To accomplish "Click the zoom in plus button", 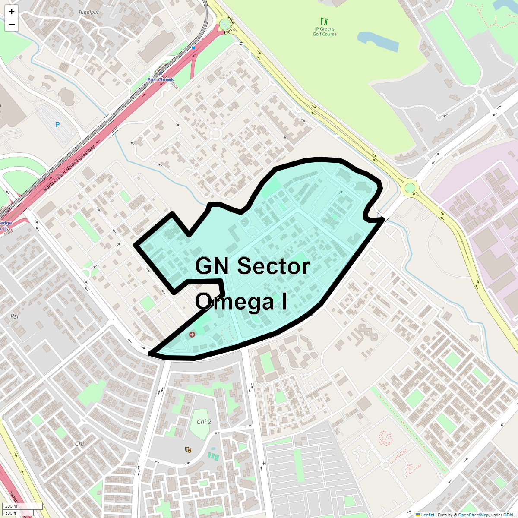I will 12,12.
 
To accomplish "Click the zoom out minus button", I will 12,25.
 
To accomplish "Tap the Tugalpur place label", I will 88,12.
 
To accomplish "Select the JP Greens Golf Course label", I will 325,32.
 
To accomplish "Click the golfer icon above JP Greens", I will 324,21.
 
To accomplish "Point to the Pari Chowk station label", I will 161,79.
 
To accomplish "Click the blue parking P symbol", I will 57,125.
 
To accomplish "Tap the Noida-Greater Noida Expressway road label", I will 69,168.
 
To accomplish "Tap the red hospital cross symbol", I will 192,334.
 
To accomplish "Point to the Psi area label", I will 14,316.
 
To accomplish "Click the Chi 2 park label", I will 204,422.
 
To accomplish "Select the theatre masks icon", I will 188,449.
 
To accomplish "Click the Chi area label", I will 79,444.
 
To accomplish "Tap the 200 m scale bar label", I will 12,506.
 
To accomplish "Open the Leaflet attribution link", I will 427,515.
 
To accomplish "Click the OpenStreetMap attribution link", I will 473,515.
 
